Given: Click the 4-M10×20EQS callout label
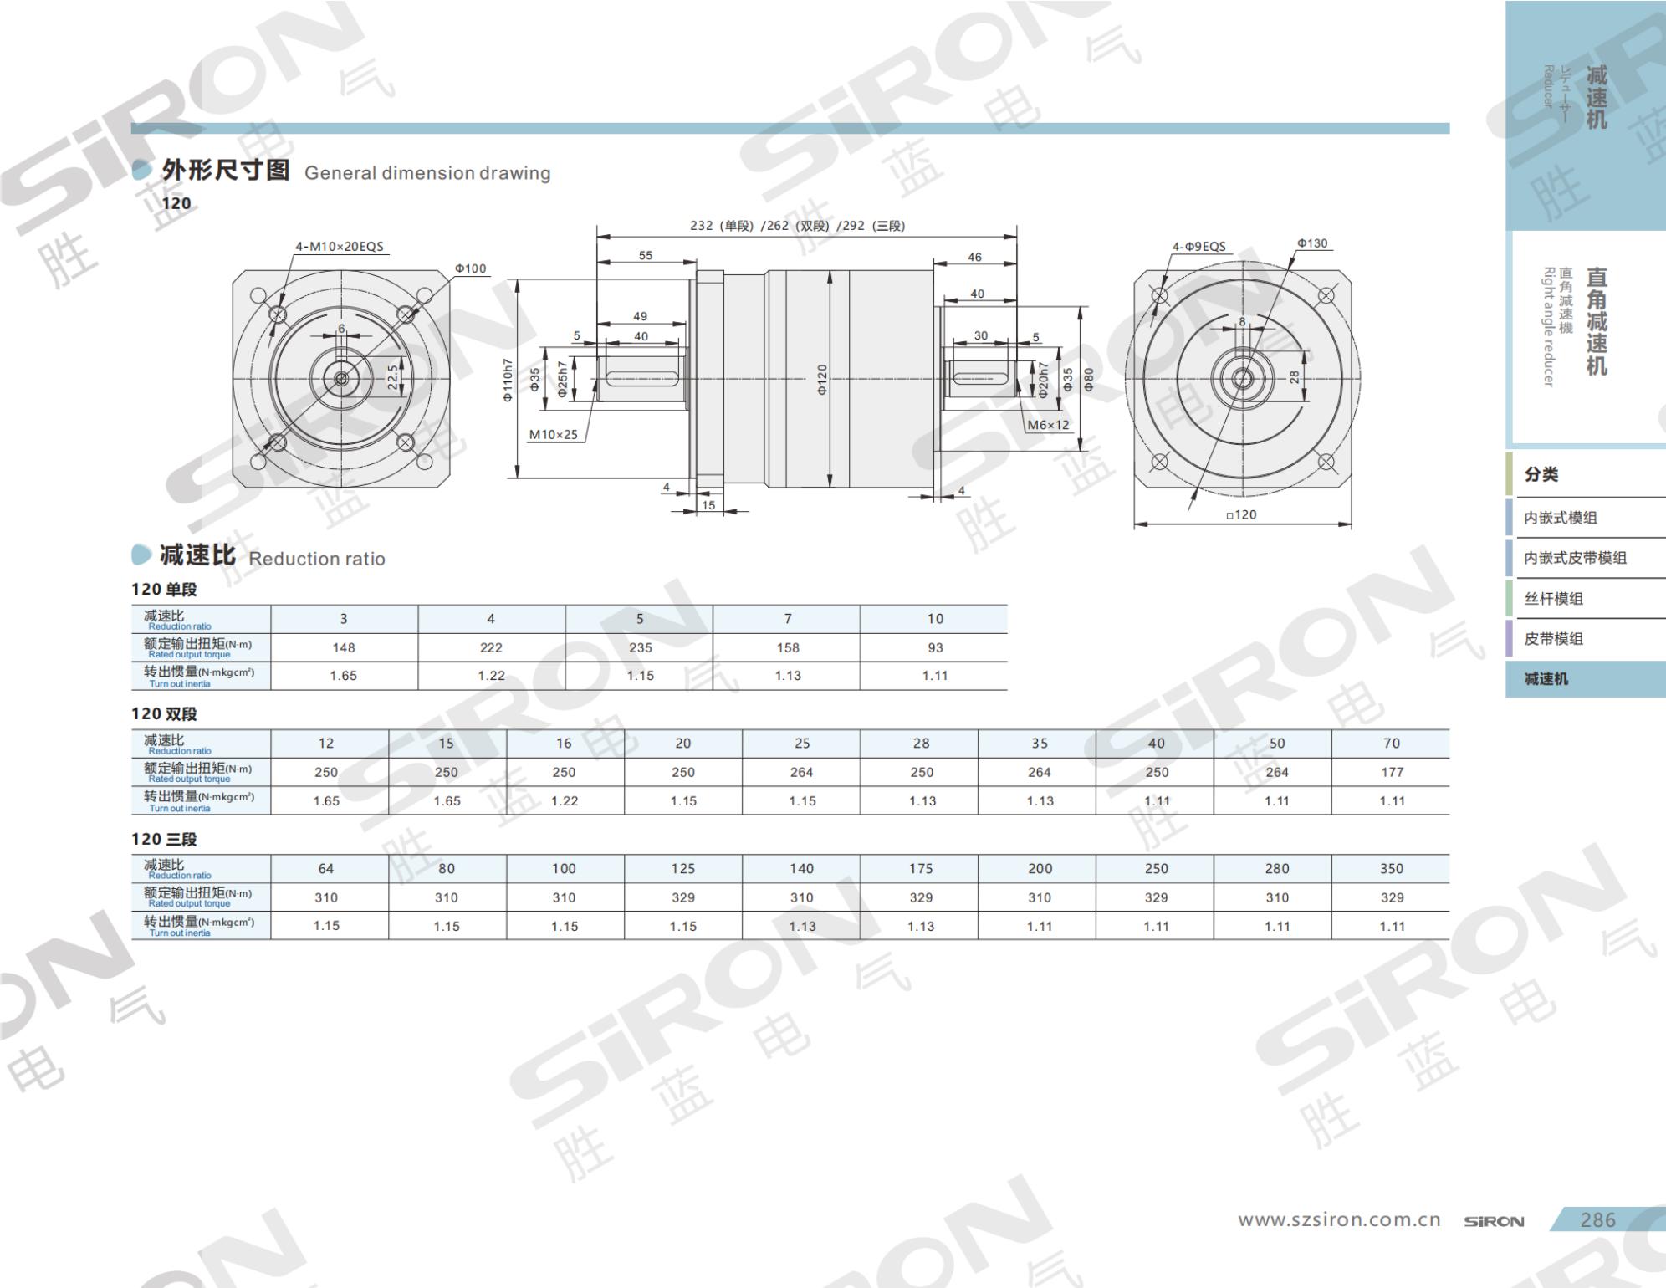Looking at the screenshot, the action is [x=339, y=247].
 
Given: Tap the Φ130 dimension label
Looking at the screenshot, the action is [x=1312, y=243].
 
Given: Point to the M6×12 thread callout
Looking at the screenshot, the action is [x=1048, y=425].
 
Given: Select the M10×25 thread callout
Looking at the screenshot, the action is [x=553, y=435].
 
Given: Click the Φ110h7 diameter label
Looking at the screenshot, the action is [x=507, y=380].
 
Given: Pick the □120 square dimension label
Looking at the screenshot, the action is [x=1241, y=514].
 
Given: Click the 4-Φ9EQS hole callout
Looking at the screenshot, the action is [x=1198, y=247].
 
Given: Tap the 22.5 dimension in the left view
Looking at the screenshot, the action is [x=392, y=377].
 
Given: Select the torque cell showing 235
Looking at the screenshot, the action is [x=640, y=647].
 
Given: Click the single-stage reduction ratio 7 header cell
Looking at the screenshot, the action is [x=787, y=619].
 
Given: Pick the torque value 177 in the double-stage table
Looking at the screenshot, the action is [x=1392, y=772].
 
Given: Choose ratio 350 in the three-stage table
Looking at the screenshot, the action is [x=1392, y=869].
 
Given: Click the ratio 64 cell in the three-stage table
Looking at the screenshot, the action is [x=326, y=869].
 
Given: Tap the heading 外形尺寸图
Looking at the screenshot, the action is [x=226, y=171].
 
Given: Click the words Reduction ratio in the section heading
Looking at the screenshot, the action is [x=317, y=559].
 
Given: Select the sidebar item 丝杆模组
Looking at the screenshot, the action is [x=1553, y=599].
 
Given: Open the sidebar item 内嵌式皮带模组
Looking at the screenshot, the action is [x=1575, y=558].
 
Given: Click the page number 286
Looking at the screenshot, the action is [x=1597, y=1220].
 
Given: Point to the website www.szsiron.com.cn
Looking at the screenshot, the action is [x=1340, y=1220].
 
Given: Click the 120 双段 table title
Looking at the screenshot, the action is [x=164, y=714].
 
